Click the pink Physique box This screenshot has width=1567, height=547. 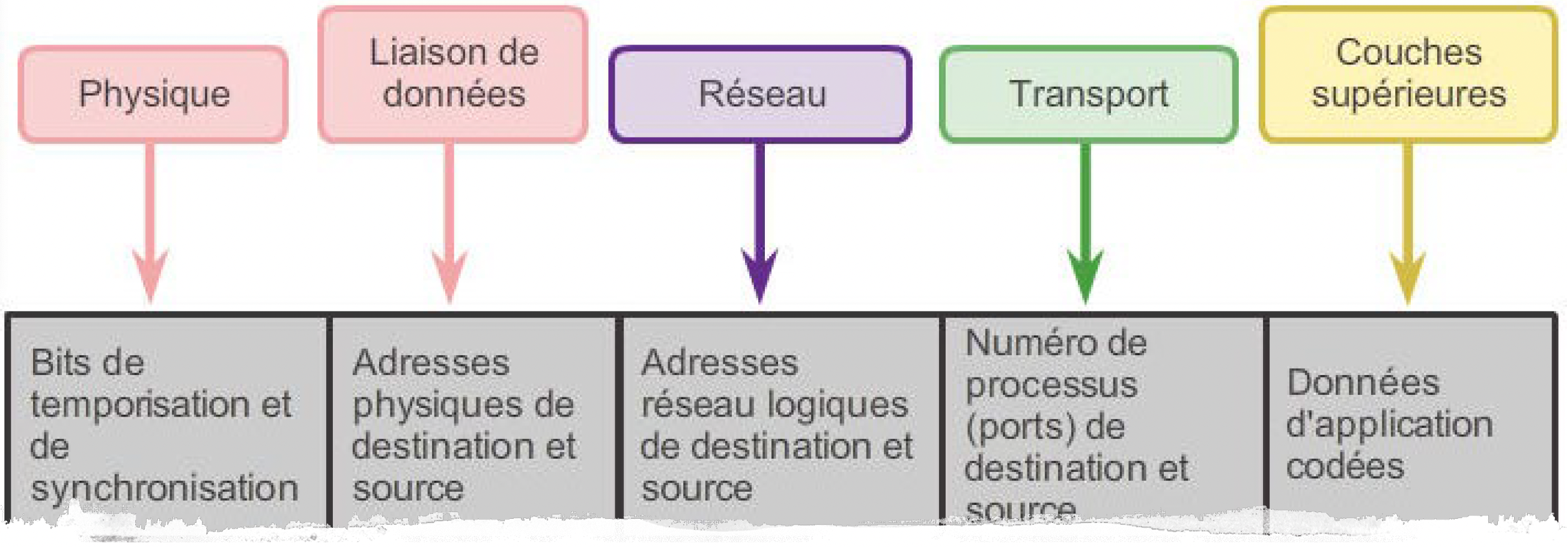coord(153,94)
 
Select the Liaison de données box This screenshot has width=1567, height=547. coord(453,74)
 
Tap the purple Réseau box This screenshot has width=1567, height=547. coord(761,94)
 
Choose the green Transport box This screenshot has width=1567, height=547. coord(1088,94)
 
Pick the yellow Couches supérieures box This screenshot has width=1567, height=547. coord(1408,74)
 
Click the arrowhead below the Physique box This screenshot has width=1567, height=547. coord(150,274)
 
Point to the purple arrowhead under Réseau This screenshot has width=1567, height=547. coord(759,274)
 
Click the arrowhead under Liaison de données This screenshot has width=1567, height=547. coord(449,274)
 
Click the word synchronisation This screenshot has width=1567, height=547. coord(164,489)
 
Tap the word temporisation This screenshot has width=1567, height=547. coord(140,404)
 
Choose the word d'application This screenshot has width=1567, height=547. coord(1389,424)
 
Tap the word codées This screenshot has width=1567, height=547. coord(1345,466)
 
